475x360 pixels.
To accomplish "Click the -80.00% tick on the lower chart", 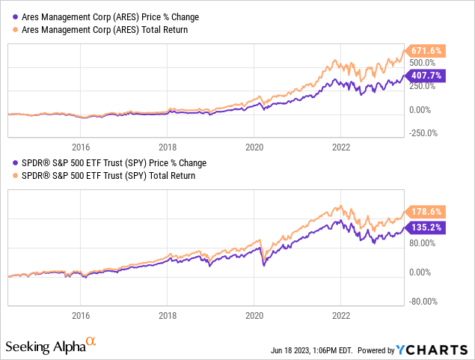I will coord(425,302).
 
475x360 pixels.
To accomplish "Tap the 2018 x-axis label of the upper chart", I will coord(168,147).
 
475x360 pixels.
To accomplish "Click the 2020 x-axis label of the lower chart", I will coord(254,315).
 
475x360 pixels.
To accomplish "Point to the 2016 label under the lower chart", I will coord(81,315).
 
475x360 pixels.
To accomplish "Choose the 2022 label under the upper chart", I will coord(341,147).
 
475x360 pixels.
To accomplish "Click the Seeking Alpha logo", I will coord(51,347).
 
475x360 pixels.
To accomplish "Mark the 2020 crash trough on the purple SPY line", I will coord(263,266).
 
